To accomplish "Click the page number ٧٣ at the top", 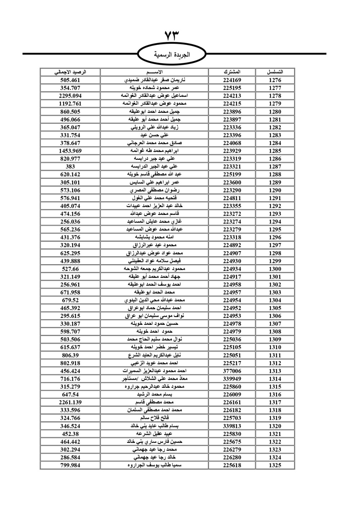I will (x=172, y=36).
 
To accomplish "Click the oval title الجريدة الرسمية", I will (x=172, y=55).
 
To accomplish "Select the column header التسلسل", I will (x=275, y=72).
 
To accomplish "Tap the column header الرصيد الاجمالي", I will (x=70, y=72).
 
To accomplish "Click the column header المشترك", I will (x=232, y=72).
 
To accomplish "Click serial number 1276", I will (x=275, y=80).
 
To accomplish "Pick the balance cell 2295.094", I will (x=70, y=96).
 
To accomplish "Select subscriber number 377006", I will (x=232, y=371).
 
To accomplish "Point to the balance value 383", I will (x=70, y=166).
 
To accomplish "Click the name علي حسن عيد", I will (x=154, y=135).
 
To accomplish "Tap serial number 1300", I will (x=275, y=269).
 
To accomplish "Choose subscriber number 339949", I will (x=232, y=379).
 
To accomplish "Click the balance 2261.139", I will (x=70, y=402).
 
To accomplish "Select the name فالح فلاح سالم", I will (x=154, y=418).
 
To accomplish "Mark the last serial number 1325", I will (x=275, y=465).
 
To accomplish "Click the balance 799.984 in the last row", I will (x=70, y=465).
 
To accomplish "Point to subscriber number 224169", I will (x=232, y=80).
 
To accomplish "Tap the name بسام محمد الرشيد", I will (x=154, y=395).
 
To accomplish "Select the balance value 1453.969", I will (x=70, y=151).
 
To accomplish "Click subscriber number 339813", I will (x=232, y=426).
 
